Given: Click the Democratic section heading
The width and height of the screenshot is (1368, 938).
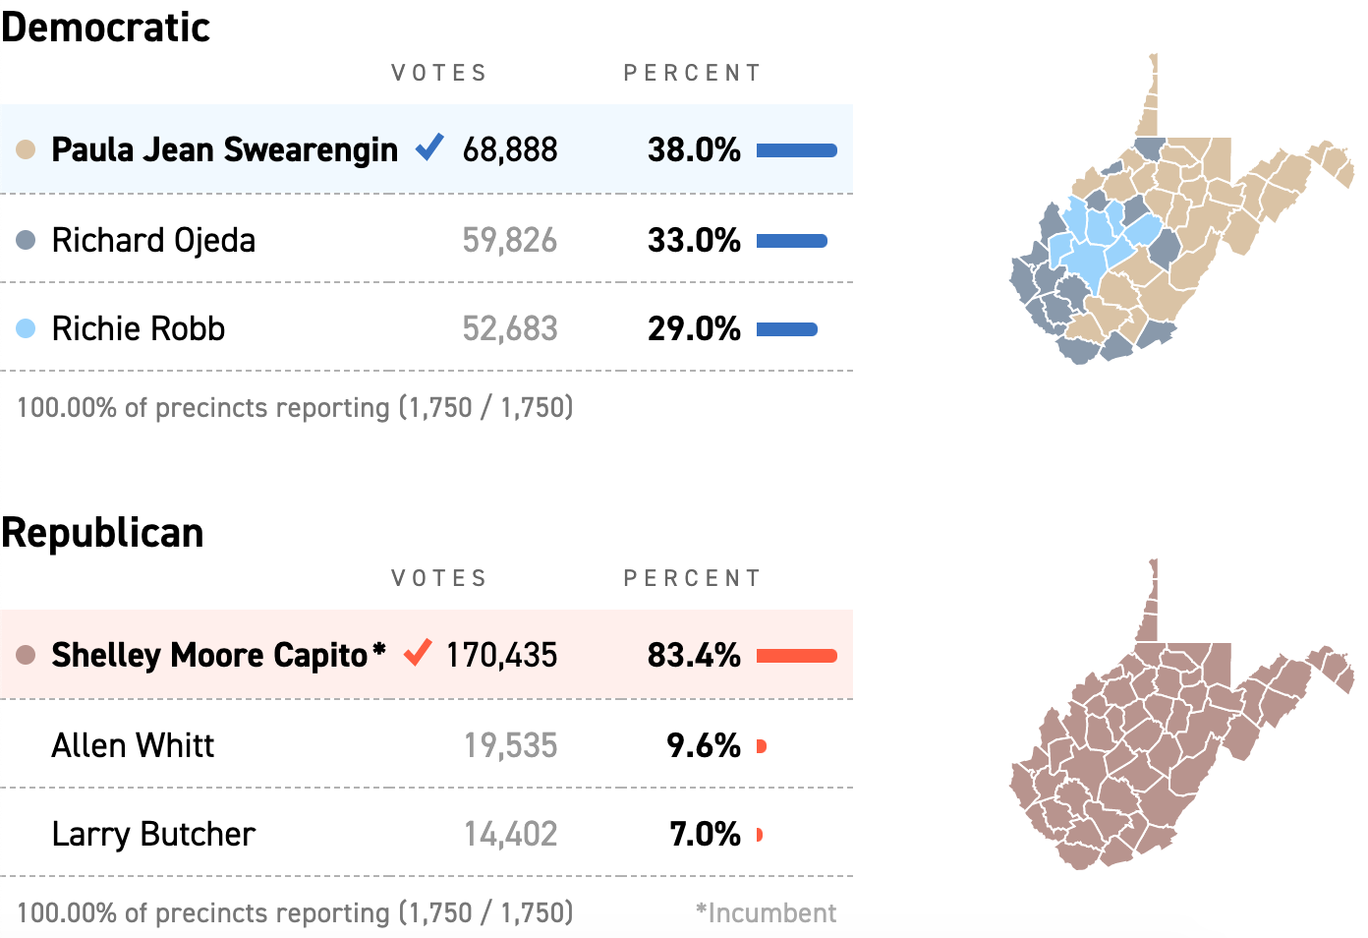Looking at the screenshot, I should [105, 28].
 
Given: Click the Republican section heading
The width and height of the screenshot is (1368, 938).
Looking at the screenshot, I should [102, 533].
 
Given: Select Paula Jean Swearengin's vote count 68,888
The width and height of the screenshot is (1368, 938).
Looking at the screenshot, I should [509, 149].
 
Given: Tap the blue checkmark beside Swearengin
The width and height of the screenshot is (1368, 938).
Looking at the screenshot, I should [429, 147].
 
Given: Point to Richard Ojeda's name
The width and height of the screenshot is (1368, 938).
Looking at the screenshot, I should [153, 240].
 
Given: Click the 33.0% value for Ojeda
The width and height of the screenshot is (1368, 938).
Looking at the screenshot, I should [694, 240].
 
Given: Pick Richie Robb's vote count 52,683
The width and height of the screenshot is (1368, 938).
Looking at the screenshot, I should [509, 328].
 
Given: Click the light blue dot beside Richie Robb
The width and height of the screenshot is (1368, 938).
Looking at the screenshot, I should [27, 328].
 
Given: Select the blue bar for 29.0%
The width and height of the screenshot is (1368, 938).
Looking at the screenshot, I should [787, 329].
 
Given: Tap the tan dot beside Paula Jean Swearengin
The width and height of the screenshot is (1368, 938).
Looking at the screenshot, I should [27, 149].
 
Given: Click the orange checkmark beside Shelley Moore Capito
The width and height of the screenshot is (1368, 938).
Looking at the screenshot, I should [418, 652].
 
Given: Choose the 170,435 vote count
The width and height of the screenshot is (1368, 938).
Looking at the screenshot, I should [501, 655].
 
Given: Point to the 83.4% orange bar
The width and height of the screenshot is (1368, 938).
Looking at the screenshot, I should [797, 656].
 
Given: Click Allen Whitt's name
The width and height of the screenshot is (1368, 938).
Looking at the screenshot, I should [133, 745].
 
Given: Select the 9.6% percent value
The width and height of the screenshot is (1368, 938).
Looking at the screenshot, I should [704, 745].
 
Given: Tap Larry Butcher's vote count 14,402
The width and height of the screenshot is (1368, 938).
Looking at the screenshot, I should [510, 834].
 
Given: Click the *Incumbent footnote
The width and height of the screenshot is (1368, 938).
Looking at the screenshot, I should [766, 912].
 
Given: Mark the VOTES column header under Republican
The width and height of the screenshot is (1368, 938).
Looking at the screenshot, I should [439, 578].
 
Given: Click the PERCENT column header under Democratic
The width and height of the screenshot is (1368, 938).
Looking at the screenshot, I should [693, 73].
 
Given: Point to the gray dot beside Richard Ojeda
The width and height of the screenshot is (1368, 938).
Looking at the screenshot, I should [27, 240].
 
